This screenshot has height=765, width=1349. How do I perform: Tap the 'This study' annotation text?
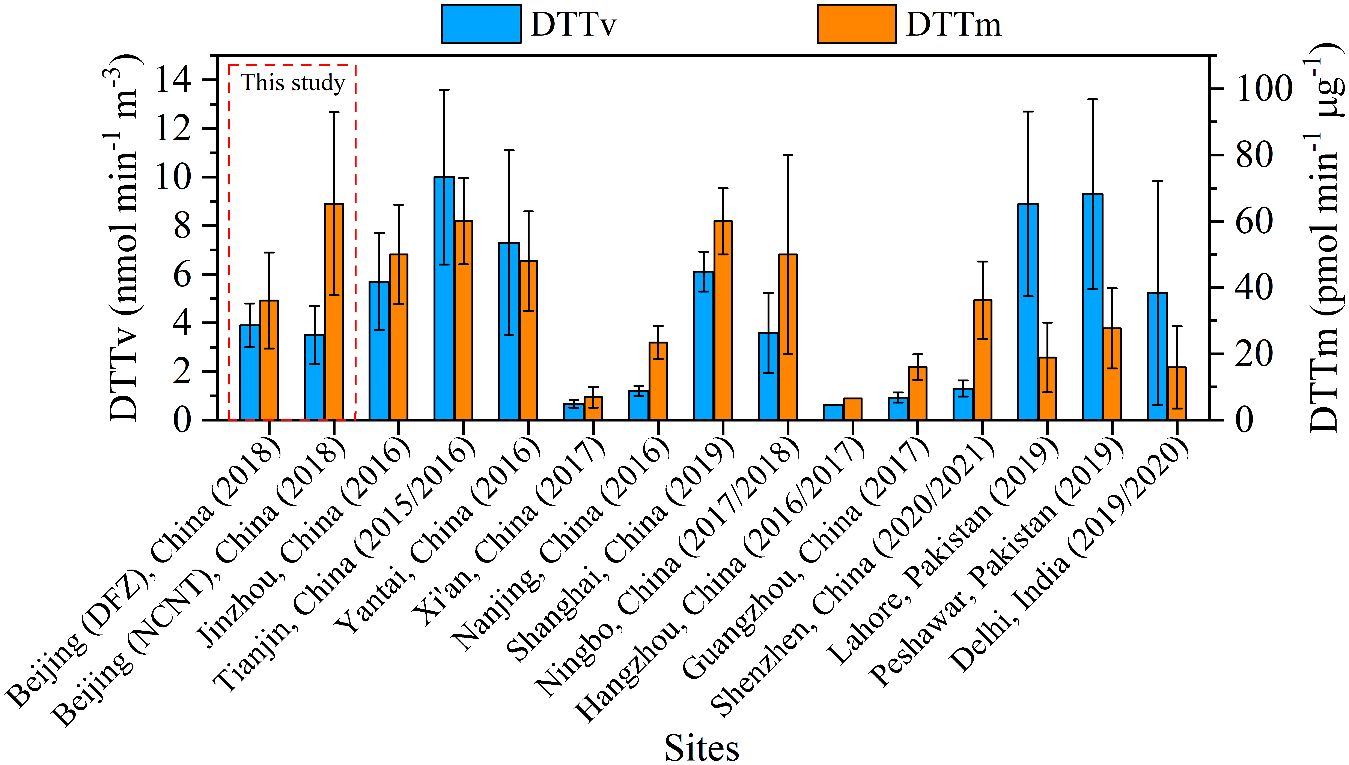click(293, 83)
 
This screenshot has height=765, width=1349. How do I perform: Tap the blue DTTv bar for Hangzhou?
click(833, 412)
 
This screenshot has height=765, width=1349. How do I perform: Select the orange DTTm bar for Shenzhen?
click(982, 360)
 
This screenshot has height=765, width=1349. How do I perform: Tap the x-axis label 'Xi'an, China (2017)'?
click(507, 531)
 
